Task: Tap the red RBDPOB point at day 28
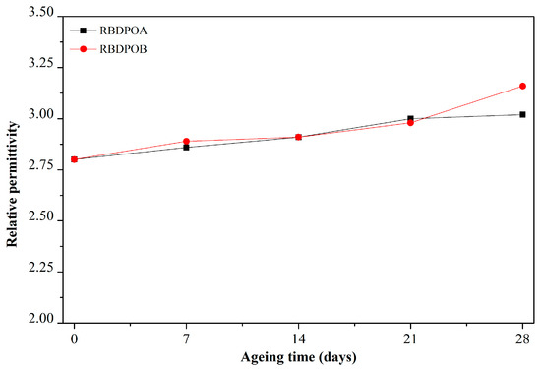coord(523,86)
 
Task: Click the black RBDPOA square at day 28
coord(523,115)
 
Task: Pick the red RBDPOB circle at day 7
coord(187,141)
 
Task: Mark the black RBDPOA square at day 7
coord(187,148)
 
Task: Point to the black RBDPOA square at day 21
coord(411,119)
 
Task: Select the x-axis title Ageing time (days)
coord(299,355)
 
